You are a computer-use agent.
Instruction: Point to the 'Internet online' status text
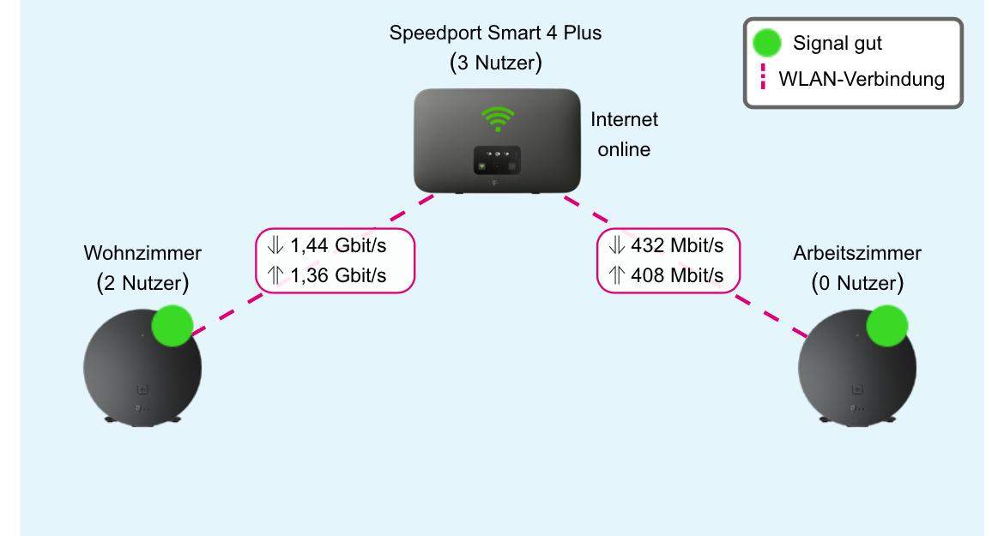(x=624, y=135)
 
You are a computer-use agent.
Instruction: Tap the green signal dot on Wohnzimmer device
(x=172, y=326)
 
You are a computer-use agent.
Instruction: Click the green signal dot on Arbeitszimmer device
(x=886, y=326)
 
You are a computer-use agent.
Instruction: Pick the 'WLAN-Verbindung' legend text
(x=862, y=80)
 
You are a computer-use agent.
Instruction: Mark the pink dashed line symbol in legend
(x=763, y=80)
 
